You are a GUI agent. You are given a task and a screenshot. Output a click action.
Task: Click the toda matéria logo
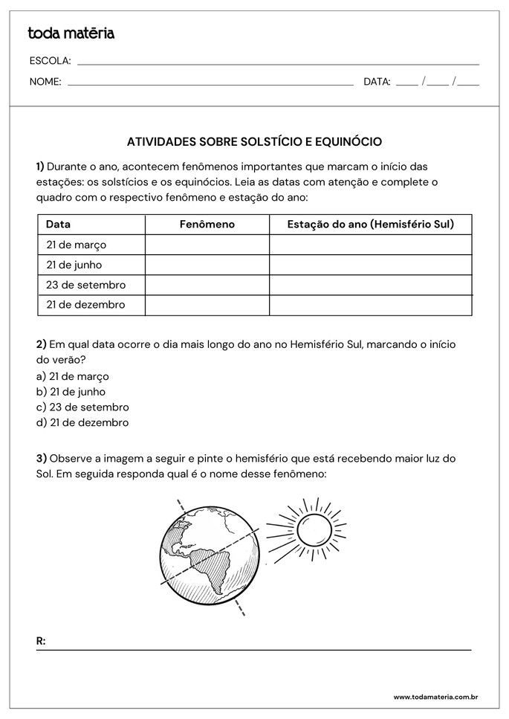tap(71, 33)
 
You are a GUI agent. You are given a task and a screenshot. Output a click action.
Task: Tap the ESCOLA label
tap(50, 61)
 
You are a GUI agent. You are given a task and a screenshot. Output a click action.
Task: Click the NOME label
tap(45, 82)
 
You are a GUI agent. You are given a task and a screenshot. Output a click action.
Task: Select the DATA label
tap(377, 82)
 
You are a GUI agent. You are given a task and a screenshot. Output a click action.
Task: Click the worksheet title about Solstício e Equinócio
tap(254, 141)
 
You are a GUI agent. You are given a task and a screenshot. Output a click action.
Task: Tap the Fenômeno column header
tap(207, 224)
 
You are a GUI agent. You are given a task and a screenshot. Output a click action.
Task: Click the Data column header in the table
tap(59, 224)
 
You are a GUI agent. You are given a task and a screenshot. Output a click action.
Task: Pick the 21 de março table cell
tap(77, 245)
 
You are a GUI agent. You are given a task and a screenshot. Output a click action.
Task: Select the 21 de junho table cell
tap(74, 265)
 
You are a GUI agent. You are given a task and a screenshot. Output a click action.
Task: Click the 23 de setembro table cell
tap(85, 285)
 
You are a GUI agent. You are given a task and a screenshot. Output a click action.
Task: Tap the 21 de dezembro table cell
tap(85, 305)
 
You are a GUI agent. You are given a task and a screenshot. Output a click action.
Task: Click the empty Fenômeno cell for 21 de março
tap(207, 245)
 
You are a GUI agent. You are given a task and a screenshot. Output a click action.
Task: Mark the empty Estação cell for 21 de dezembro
tap(370, 305)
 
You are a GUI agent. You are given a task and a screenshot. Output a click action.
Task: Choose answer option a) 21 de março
tap(72, 376)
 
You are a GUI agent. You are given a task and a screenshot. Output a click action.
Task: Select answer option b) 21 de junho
tap(71, 392)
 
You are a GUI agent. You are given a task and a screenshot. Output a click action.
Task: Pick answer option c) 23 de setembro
tap(82, 407)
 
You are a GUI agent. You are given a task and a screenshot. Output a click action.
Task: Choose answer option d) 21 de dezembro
tap(82, 423)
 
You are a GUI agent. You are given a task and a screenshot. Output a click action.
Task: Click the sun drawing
tap(306, 530)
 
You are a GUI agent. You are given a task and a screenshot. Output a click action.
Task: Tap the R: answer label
tap(41, 640)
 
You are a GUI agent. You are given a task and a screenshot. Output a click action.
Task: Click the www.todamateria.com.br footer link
tap(435, 697)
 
